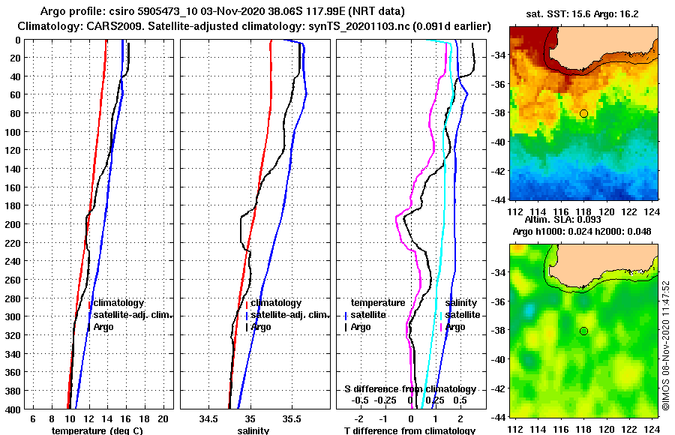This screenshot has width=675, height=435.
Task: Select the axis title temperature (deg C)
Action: [x=97, y=430]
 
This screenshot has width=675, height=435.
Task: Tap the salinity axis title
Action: [x=253, y=430]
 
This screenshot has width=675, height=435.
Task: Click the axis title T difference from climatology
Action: [x=409, y=430]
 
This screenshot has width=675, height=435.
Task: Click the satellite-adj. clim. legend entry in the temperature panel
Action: [x=132, y=315]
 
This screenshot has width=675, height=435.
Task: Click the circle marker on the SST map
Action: [x=583, y=113]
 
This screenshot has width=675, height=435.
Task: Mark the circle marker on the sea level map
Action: [x=583, y=331]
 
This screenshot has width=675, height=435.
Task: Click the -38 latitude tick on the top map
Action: [x=496, y=113]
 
